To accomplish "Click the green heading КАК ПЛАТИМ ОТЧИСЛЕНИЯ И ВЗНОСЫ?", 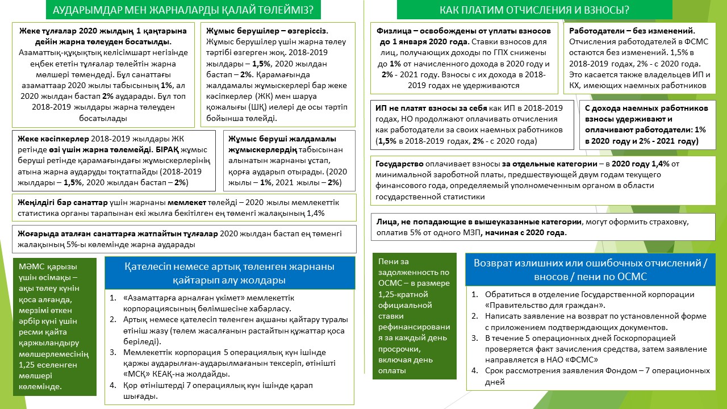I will (x=534, y=10).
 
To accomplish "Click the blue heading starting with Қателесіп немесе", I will (x=229, y=273).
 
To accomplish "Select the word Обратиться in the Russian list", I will (x=505, y=294).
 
